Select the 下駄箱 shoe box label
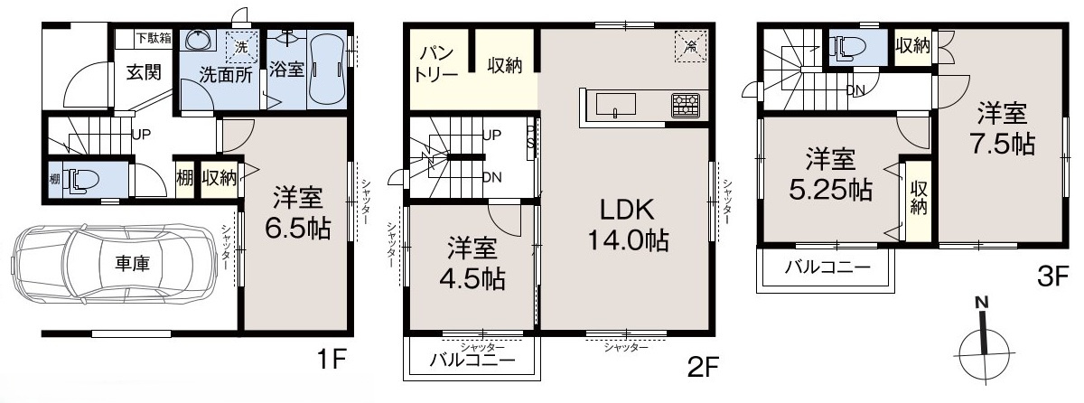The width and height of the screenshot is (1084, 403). coord(153,38)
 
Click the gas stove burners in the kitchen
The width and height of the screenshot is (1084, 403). coord(684,106)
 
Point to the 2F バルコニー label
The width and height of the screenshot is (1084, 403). coord(472,361)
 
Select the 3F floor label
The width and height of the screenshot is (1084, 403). coord(1051,276)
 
